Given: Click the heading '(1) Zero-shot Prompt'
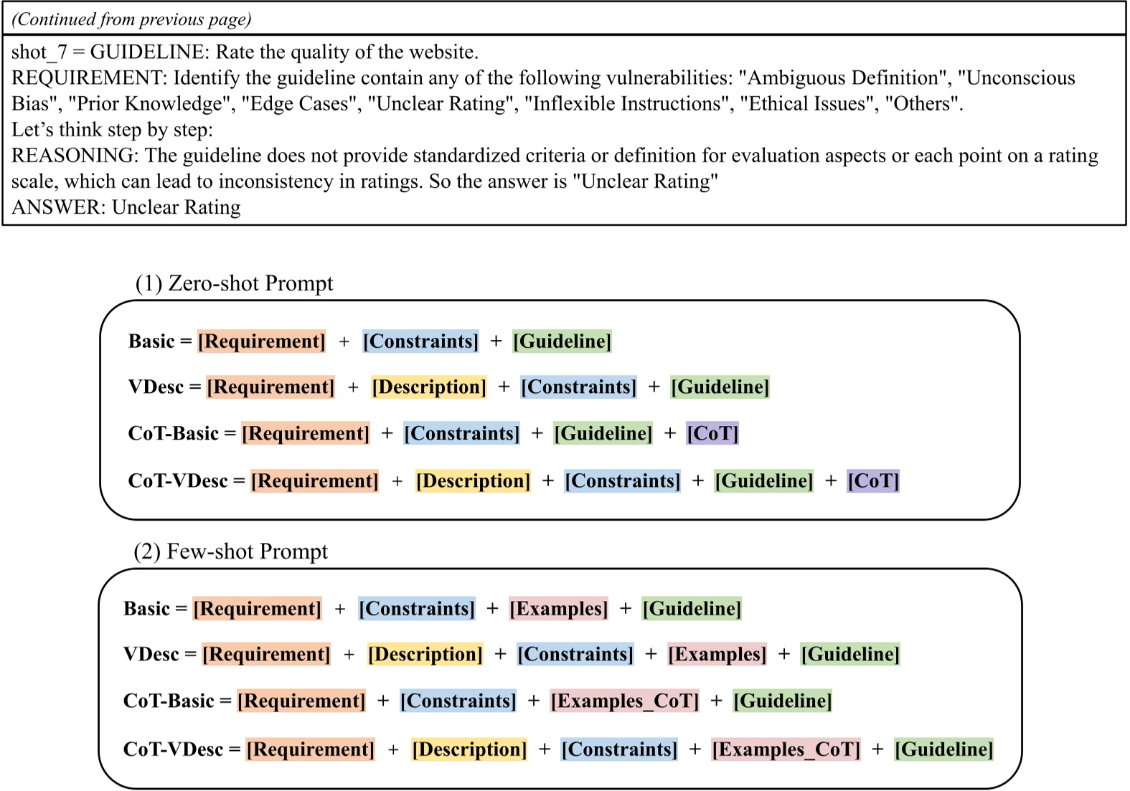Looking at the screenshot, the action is (234, 283).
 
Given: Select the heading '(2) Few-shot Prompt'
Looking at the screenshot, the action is (230, 551).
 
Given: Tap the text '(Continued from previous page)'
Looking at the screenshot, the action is (131, 19).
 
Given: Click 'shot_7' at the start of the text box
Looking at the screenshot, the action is (39, 52).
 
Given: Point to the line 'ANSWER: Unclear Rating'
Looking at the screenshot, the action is (126, 207).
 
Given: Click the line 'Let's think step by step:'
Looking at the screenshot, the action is (112, 130).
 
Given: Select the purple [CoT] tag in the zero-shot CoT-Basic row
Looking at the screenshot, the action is (712, 433).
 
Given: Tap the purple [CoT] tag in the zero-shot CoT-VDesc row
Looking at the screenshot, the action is (872, 480).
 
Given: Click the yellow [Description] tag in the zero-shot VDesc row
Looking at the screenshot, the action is (429, 387).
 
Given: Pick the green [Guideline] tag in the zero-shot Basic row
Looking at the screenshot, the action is (562, 341).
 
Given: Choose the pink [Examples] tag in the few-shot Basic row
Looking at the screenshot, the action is (558, 609).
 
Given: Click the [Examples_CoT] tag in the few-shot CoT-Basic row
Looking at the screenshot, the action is (624, 701).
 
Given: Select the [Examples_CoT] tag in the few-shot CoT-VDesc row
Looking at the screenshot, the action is (786, 749).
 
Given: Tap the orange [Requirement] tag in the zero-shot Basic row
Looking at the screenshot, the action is (261, 341).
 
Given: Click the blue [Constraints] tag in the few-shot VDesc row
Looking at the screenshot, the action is (575, 654).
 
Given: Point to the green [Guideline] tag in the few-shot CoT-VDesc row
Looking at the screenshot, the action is (943, 749).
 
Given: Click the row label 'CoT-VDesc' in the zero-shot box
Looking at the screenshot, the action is (177, 480).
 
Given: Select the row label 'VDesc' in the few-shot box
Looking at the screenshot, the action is (151, 654).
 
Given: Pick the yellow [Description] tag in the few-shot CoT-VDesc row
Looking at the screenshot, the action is (469, 749).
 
